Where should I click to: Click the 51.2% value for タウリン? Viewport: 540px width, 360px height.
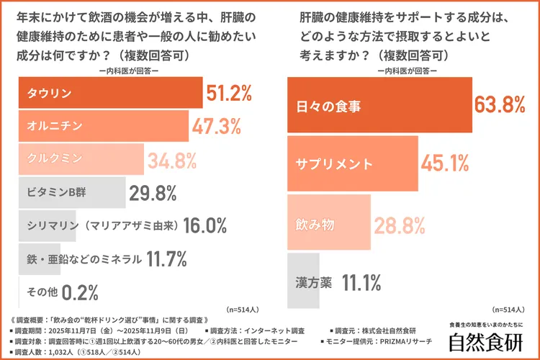(x=229, y=94)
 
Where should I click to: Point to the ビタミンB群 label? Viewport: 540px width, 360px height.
(x=58, y=193)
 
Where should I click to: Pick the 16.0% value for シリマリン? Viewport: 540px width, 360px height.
(x=205, y=225)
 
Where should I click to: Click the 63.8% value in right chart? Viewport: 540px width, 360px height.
(x=499, y=106)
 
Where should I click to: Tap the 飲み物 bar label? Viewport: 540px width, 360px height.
(x=315, y=224)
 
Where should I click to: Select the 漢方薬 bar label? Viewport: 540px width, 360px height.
(x=314, y=282)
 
